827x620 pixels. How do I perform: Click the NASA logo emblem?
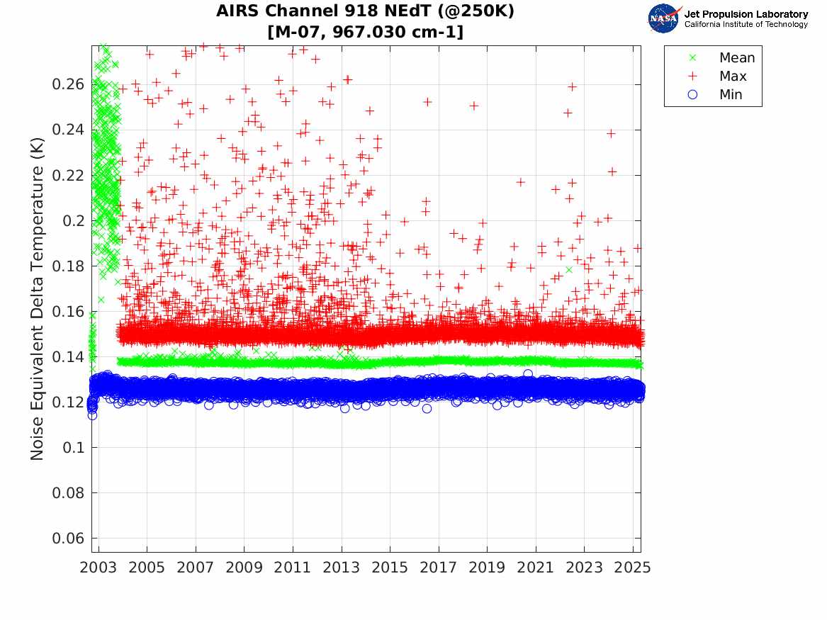(663, 18)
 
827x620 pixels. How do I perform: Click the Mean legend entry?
(736, 58)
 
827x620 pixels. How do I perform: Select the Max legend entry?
(732, 77)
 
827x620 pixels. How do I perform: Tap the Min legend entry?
(731, 95)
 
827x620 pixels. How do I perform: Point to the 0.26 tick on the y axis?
(69, 84)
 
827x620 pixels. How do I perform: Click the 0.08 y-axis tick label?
(69, 492)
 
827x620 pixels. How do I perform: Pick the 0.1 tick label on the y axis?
(73, 447)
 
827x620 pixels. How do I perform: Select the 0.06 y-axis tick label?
(69, 538)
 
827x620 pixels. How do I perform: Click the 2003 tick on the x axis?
(99, 568)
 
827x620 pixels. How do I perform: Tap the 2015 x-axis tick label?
(390, 568)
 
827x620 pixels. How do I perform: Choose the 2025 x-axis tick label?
(633, 568)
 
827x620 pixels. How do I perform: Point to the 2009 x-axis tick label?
(244, 568)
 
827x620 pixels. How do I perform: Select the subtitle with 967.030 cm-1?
(366, 32)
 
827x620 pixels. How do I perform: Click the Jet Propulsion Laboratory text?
(746, 14)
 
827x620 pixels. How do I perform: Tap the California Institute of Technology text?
(746, 25)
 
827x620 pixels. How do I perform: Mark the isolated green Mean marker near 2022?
(569, 269)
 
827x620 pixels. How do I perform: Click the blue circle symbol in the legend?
(693, 95)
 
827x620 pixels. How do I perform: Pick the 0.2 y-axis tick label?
(73, 220)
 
